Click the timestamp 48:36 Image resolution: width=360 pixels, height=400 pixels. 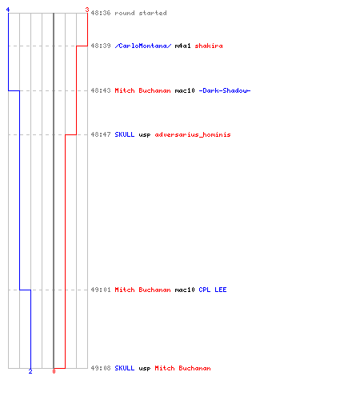point(101,13)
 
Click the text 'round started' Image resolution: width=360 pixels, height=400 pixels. point(141,13)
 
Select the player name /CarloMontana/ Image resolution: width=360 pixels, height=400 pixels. point(143,46)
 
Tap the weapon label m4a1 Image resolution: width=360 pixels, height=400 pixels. point(182,46)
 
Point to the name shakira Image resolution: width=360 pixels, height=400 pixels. point(209,46)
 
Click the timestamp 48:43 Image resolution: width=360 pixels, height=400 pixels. point(101,90)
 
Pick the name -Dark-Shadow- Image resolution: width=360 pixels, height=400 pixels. point(225,90)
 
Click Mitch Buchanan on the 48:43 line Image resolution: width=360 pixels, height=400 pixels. point(142,90)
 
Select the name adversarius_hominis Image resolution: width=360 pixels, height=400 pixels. point(193,134)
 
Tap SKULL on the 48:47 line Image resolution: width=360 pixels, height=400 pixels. point(125,134)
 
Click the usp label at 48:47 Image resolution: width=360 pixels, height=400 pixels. point(145,135)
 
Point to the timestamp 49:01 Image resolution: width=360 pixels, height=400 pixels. point(101,290)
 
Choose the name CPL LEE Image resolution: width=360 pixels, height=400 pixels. point(213,290)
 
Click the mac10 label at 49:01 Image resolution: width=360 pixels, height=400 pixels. point(185,290)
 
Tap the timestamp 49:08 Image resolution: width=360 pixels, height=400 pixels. point(101,368)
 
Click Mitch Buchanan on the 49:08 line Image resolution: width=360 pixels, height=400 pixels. point(182,368)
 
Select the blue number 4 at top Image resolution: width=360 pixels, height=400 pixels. point(8,10)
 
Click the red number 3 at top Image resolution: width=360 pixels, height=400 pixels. point(87,10)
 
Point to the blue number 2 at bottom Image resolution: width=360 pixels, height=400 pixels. point(30,371)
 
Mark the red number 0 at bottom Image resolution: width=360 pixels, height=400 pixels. point(54,371)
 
